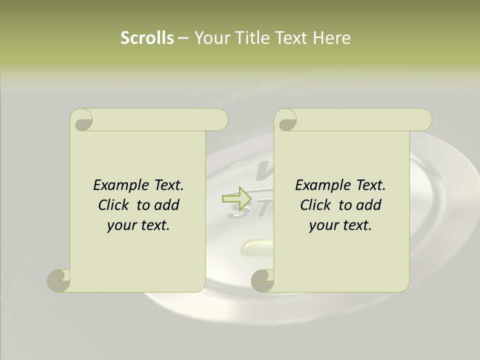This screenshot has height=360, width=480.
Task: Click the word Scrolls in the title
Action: click(147, 38)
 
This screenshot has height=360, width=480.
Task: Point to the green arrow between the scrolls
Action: click(236, 198)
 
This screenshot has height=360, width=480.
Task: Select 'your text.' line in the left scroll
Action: click(138, 225)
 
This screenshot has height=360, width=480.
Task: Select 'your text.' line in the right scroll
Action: click(340, 225)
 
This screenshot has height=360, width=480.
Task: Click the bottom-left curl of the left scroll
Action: click(58, 280)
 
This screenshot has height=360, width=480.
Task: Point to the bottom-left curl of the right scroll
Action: click(262, 280)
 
